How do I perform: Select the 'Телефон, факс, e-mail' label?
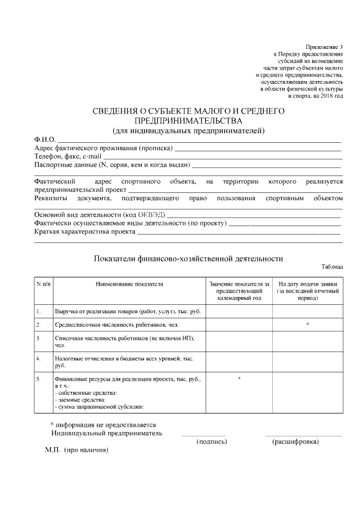pyautogui.click(x=67, y=156)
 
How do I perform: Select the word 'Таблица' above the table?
pyautogui.click(x=332, y=268)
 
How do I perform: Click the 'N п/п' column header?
pyautogui.click(x=43, y=285)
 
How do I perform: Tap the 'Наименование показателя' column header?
pyautogui.click(x=129, y=285)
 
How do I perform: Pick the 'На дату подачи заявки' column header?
pyautogui.click(x=308, y=285)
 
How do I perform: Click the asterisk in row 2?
pyautogui.click(x=308, y=325)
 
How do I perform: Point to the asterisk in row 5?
pyautogui.click(x=240, y=379)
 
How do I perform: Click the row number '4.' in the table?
pyautogui.click(x=38, y=358)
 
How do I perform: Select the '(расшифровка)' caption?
pyautogui.click(x=295, y=442)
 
